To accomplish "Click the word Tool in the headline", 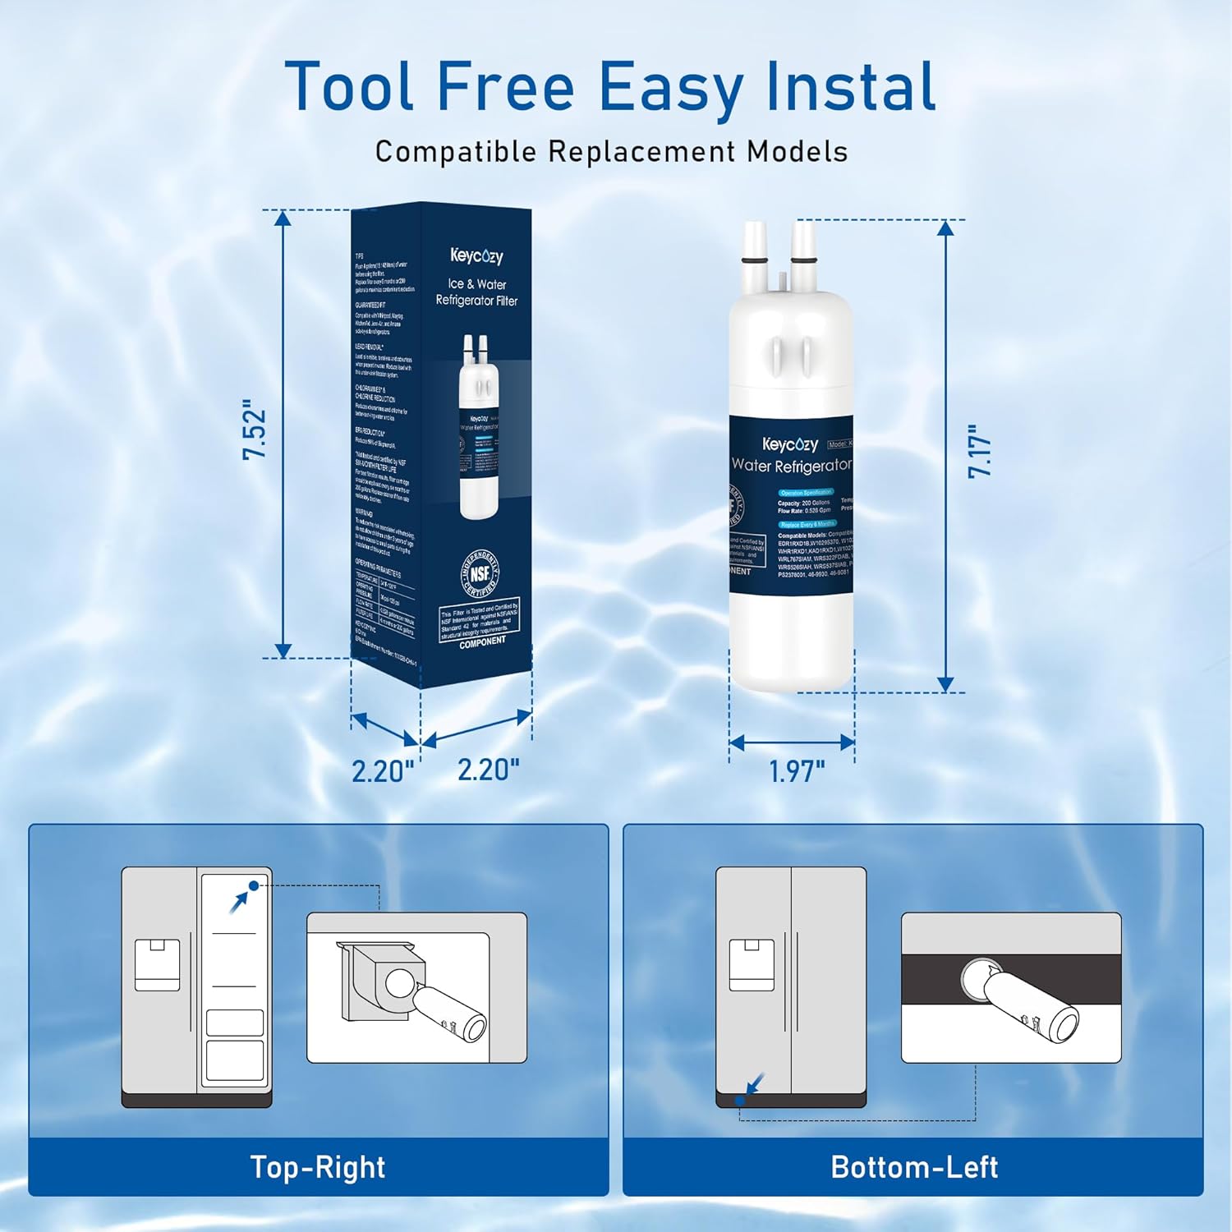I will (349, 86).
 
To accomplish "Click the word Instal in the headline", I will (850, 86).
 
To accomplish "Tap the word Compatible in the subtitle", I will (455, 152).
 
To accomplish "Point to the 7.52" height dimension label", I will (255, 430).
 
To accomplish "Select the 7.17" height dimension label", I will (980, 451).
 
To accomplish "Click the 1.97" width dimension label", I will (796, 771).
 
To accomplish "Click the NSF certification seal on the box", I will (480, 573).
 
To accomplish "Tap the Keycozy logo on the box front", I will (476, 256).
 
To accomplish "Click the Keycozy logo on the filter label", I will (789, 444).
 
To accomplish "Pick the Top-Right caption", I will (318, 1167).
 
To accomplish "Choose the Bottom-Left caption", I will (914, 1167).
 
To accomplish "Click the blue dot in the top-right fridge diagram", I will (254, 885).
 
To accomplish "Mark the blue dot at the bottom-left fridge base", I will (740, 1101).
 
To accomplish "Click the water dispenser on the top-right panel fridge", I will (157, 965).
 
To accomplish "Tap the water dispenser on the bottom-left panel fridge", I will (752, 965).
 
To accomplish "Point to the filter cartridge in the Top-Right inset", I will (448, 1012).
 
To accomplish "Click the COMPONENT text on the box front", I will (482, 641).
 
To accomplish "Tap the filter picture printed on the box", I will (479, 427).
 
